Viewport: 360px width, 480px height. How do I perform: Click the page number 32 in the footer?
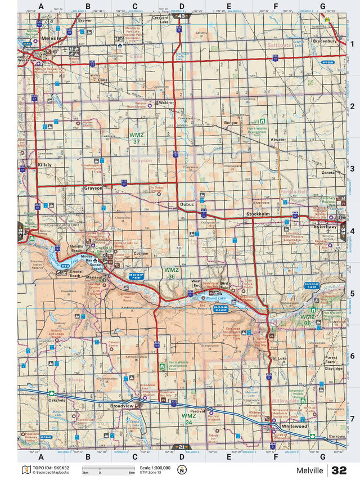(x=339, y=470)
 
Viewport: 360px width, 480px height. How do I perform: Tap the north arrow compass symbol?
(x=181, y=470)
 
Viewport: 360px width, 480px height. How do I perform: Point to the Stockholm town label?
(x=259, y=214)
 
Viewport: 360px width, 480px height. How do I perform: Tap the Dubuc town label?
(x=186, y=204)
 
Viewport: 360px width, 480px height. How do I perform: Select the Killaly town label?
(x=44, y=165)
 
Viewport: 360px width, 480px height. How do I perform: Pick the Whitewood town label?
(x=294, y=427)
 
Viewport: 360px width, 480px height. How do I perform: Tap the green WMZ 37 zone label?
(x=136, y=138)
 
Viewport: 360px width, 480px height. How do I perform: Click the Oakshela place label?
(x=57, y=401)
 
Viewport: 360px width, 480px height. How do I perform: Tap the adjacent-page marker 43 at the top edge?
(x=181, y=16)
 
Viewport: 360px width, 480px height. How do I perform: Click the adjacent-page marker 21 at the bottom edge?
(x=181, y=447)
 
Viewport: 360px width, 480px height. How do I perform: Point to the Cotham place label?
(x=141, y=253)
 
